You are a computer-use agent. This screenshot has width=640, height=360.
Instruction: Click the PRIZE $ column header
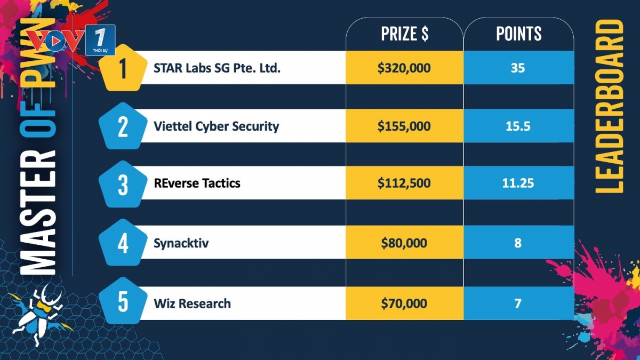[x=405, y=34]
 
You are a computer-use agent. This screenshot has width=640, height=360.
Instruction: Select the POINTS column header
[x=518, y=34]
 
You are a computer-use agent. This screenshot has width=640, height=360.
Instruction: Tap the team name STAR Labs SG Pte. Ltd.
[x=217, y=68]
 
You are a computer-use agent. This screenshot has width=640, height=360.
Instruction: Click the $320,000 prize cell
[x=404, y=68]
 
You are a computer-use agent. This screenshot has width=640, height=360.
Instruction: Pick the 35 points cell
[x=518, y=68]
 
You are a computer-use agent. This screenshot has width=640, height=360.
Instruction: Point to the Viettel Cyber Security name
[x=217, y=126]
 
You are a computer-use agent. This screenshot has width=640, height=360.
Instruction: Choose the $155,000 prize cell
[x=404, y=126]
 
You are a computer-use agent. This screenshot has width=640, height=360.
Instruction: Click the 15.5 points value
[x=518, y=126]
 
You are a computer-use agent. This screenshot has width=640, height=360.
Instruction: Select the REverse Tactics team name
[x=197, y=183]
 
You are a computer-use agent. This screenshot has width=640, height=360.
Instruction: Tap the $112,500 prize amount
[x=404, y=183]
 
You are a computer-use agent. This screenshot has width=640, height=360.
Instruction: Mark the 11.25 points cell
[x=518, y=183]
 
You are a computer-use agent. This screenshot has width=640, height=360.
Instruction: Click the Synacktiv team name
[x=181, y=243]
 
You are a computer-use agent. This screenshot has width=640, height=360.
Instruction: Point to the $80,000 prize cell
[x=404, y=243]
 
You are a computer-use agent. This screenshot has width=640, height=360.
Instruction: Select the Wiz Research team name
[x=193, y=303]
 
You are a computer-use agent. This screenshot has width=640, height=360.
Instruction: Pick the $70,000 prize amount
[x=404, y=303]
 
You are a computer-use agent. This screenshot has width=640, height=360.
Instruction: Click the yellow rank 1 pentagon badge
[x=123, y=68]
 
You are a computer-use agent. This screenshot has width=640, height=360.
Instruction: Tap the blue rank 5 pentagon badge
[x=123, y=301]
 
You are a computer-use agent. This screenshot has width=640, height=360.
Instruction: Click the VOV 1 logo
[x=71, y=40]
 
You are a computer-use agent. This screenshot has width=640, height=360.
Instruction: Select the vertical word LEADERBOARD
[x=609, y=106]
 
